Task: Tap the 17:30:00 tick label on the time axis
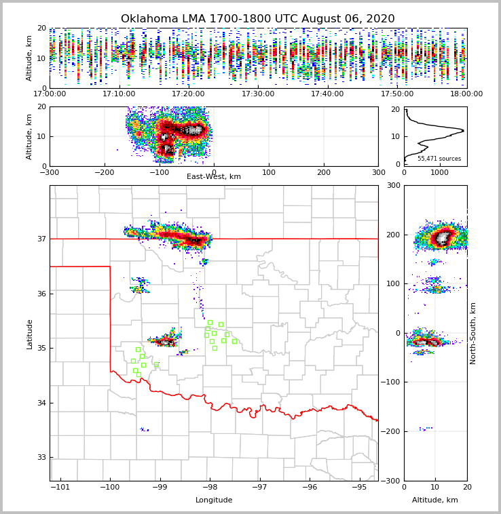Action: point(258,94)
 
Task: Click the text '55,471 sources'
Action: point(439,159)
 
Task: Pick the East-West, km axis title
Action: point(214,177)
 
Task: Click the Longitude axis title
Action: point(214,500)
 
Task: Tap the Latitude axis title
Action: point(29,334)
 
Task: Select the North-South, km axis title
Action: point(473,334)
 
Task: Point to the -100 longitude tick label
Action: point(110,487)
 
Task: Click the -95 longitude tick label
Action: point(360,487)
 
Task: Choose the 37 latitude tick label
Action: point(41,239)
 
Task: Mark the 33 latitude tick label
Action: point(41,458)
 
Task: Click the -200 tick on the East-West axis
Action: point(104,172)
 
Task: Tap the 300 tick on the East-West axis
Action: point(378,172)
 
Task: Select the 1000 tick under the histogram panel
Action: point(440,172)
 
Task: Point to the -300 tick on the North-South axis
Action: point(392,481)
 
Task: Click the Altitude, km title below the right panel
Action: point(435,500)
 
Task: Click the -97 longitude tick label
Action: point(260,487)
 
